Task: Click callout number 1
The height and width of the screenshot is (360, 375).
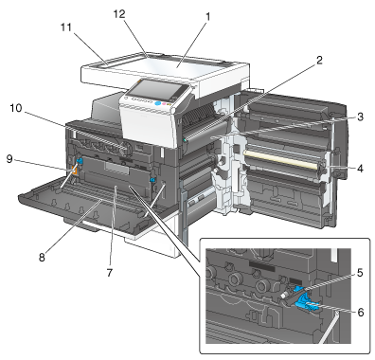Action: click(207, 16)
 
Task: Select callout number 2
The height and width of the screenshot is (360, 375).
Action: click(320, 60)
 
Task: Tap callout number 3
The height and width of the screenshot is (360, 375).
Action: click(360, 117)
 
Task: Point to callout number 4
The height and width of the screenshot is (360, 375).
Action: click(360, 169)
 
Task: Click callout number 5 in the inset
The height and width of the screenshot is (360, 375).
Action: click(360, 273)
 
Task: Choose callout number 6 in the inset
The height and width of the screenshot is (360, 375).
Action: click(360, 313)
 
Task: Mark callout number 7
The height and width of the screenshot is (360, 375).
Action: click(110, 272)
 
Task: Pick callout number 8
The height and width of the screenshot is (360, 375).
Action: click(42, 258)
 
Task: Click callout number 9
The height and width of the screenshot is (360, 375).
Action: click(9, 159)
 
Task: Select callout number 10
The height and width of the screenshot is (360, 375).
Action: click(16, 108)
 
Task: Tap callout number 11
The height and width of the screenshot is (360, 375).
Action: click(66, 27)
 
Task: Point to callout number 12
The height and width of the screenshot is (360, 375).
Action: click(119, 14)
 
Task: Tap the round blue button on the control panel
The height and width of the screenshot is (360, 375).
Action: click(158, 103)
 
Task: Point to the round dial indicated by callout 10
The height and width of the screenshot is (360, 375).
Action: click(127, 148)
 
